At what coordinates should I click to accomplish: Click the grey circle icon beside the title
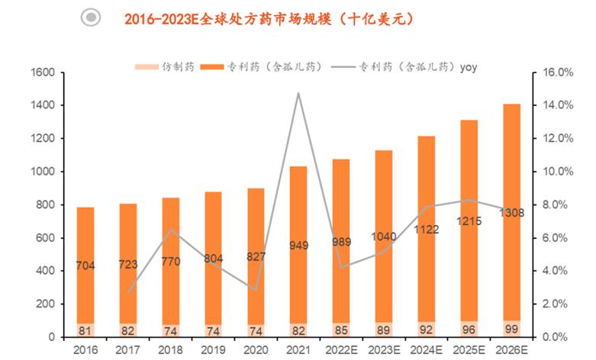pos(92,18)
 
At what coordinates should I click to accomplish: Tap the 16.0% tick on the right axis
pos(557,72)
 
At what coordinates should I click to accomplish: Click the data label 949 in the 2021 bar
pos(298,246)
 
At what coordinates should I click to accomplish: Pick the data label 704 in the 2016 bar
pos(85,265)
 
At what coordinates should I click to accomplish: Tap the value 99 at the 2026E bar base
pos(511,329)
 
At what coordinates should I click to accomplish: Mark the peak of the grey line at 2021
pos(298,93)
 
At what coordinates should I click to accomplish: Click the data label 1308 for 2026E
pos(511,213)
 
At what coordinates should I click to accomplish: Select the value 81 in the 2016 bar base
pos(85,330)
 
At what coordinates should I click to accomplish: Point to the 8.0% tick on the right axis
pos(557,204)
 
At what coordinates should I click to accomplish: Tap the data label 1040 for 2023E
pos(384,236)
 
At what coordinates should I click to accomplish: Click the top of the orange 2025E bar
pos(469,121)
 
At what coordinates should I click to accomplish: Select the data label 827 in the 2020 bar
pos(256,257)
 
